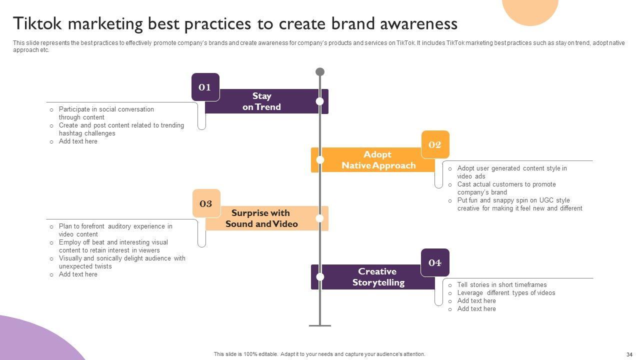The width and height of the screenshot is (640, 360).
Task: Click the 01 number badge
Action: click(205, 87)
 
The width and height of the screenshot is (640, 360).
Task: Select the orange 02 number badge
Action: click(435, 144)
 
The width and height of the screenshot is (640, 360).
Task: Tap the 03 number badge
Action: click(206, 203)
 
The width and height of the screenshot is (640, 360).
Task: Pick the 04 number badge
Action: click(435, 262)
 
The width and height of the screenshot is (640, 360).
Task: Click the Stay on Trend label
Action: click(261, 101)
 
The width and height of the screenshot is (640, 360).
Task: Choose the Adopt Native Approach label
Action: click(378, 160)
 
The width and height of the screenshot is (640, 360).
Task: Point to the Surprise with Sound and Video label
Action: click(261, 218)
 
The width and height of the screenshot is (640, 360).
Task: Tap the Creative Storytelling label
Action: click(378, 277)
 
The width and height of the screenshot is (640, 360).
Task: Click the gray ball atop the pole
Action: click(320, 72)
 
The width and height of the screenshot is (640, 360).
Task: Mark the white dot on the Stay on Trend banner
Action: click(320, 101)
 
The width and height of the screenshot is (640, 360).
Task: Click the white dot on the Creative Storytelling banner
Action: click(320, 277)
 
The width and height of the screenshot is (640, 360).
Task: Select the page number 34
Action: click(629, 354)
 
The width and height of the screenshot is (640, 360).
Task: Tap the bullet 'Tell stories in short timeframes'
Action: click(501, 285)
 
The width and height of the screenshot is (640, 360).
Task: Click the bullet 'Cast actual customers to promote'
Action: click(506, 184)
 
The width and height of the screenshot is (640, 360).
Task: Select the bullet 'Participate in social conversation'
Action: click(106, 109)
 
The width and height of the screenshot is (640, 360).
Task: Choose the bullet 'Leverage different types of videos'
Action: click(506, 293)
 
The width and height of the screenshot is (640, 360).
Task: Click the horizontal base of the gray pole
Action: click(320, 325)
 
